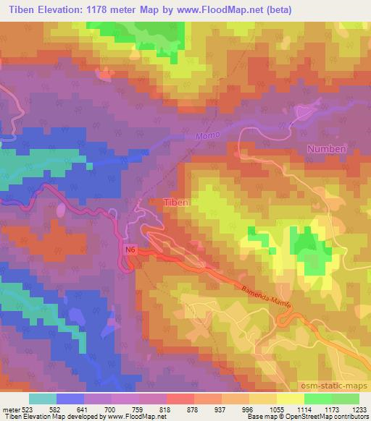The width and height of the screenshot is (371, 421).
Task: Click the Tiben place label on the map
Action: (x=176, y=203)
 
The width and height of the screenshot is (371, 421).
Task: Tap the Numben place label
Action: (x=327, y=148)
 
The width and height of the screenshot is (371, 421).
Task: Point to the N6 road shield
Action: (x=130, y=250)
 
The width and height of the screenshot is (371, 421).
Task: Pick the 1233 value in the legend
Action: (x=358, y=409)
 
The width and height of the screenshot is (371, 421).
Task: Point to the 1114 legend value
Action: (x=304, y=409)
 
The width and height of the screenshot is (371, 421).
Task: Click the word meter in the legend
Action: (x=9, y=409)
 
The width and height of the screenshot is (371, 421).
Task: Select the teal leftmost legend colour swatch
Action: (x=43, y=399)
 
